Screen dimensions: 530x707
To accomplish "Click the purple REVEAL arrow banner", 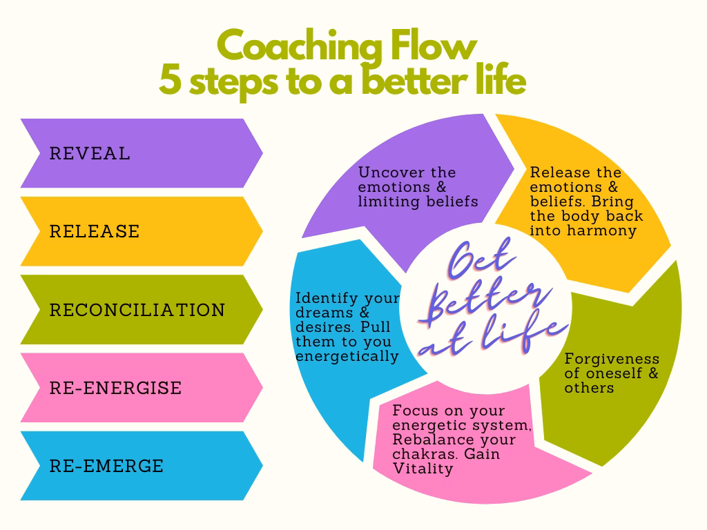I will point(138,153).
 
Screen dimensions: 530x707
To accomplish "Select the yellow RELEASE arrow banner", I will point(138,231).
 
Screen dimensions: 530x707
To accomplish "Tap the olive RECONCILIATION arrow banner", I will point(138,309).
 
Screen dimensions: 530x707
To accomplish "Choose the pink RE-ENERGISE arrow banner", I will point(138,387).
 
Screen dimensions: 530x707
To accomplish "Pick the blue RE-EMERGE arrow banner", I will point(138,466).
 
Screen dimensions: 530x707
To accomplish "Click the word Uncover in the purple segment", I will point(388,173).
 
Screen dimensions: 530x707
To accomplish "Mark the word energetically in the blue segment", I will point(347,356).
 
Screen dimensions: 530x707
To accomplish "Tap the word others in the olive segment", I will point(589,388).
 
